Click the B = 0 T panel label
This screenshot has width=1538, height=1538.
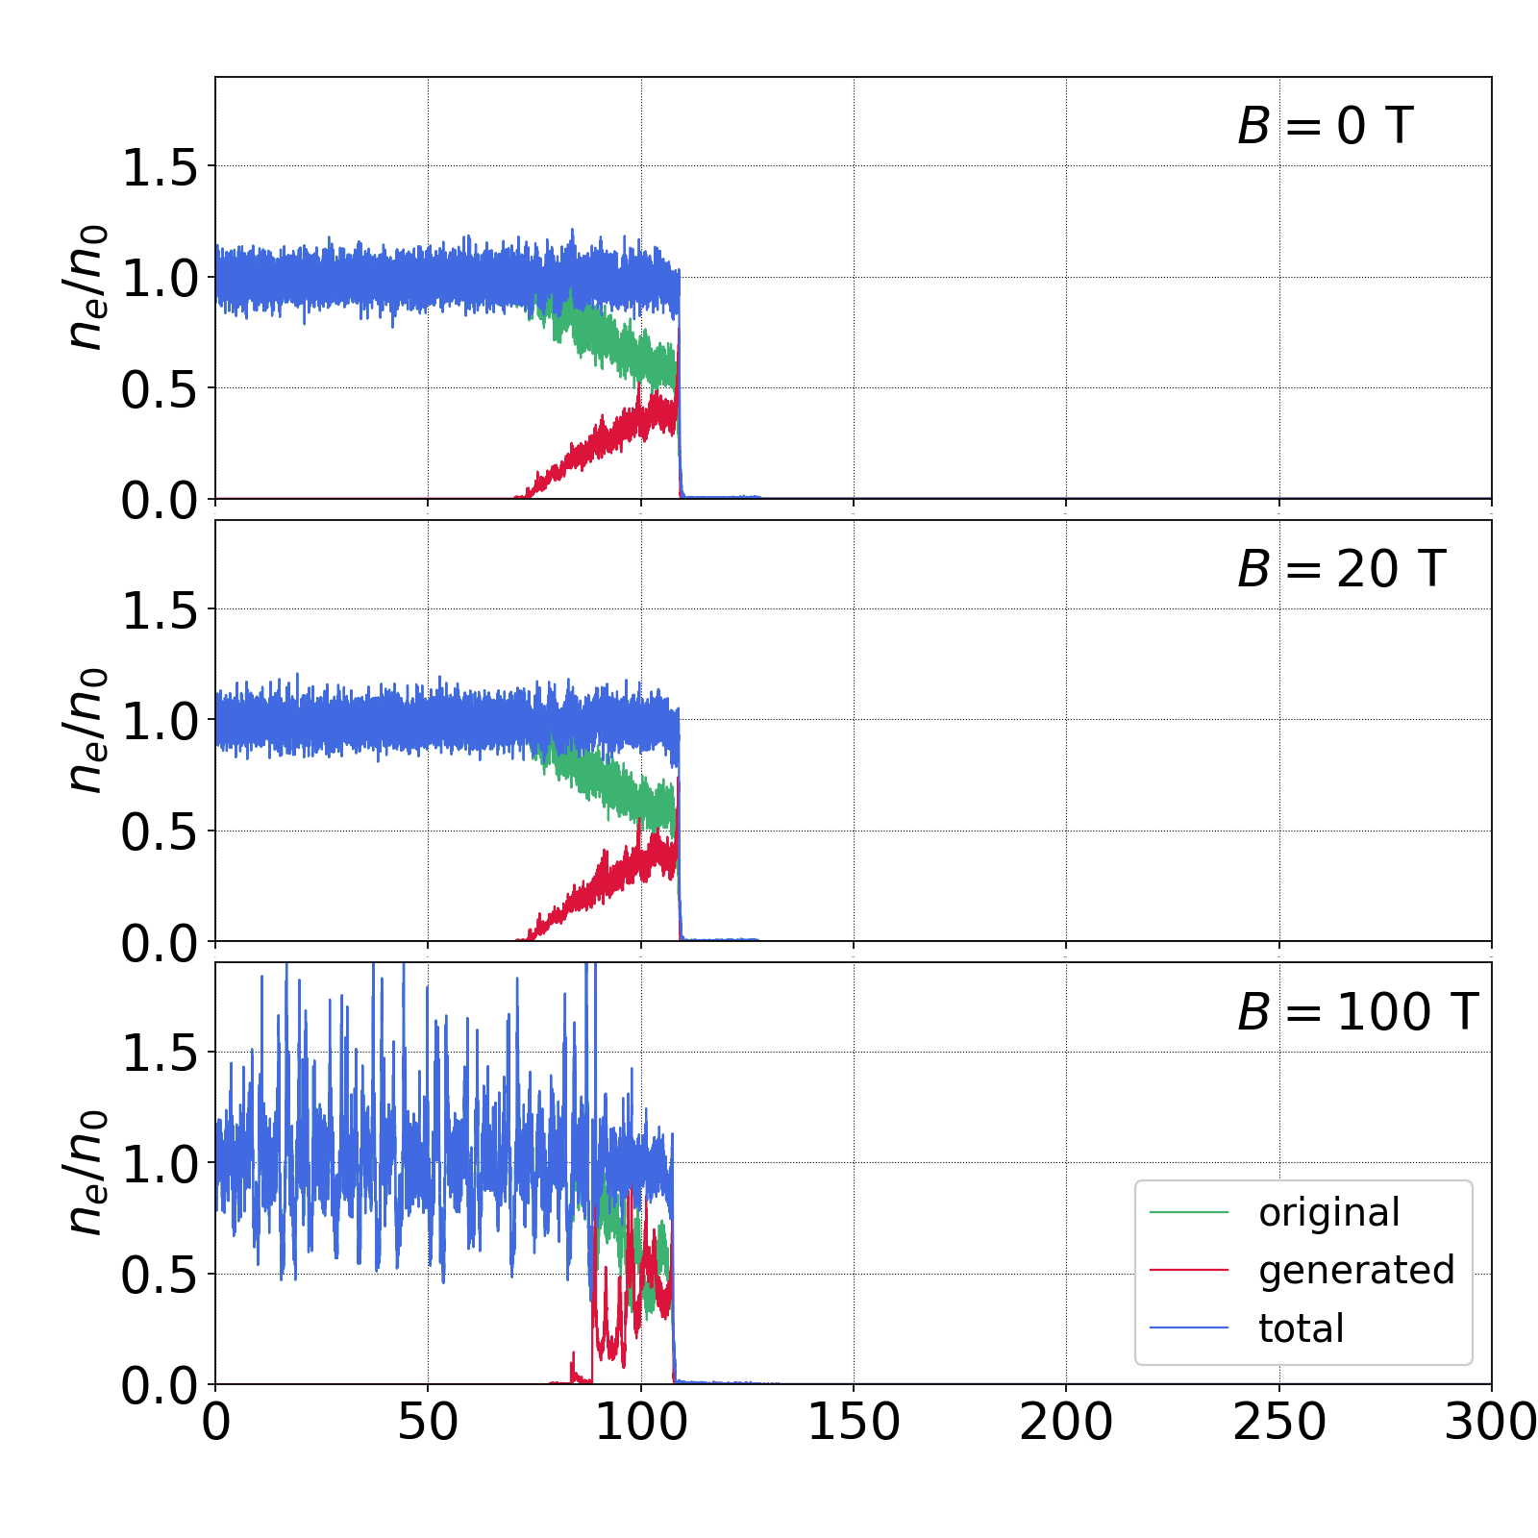click(x=1325, y=126)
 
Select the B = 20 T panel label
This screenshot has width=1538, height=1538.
click(x=1341, y=569)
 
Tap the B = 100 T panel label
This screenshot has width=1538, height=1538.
click(x=1357, y=1012)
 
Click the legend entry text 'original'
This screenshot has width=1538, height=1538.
click(x=1329, y=1213)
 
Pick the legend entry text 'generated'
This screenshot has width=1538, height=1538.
click(x=1356, y=1271)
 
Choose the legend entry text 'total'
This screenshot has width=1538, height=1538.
click(x=1302, y=1328)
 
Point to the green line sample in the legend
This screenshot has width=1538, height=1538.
click(x=1189, y=1213)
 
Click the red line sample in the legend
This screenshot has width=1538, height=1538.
click(x=1189, y=1271)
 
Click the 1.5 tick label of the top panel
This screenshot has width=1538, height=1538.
click(x=160, y=168)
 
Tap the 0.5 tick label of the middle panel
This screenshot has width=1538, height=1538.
click(x=160, y=832)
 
